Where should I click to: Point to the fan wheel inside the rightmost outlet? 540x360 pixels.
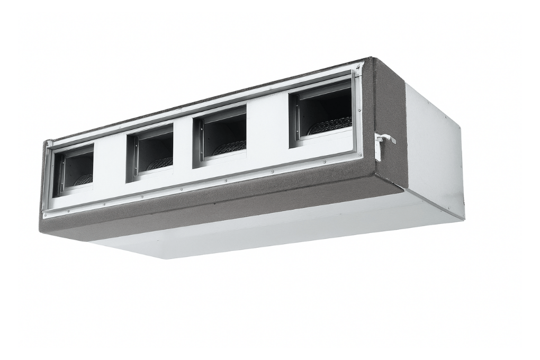pos(330,125)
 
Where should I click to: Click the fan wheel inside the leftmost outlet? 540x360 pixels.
pos(83,180)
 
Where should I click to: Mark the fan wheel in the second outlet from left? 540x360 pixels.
pos(159,164)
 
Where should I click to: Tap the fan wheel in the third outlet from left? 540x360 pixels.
pos(229,147)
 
